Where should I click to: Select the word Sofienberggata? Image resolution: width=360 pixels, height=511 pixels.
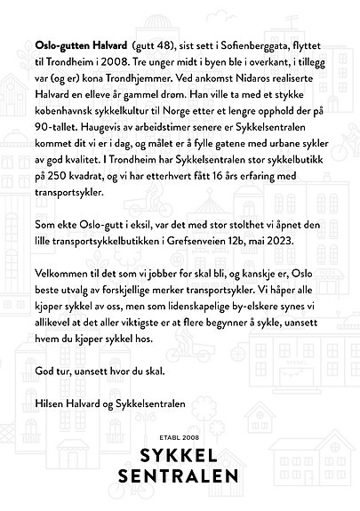coord(253,43)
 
